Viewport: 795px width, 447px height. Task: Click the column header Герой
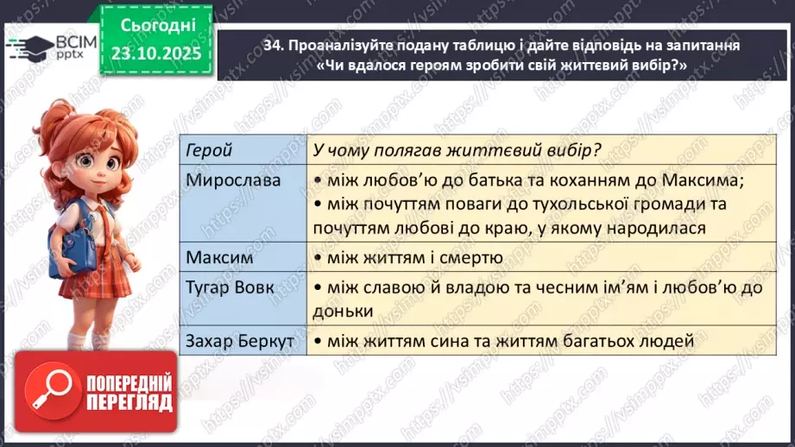coord(210,150)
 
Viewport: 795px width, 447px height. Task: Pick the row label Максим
coord(215,257)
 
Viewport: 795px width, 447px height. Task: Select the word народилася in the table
coord(656,228)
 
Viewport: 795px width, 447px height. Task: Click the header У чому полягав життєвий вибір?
coord(457,150)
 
